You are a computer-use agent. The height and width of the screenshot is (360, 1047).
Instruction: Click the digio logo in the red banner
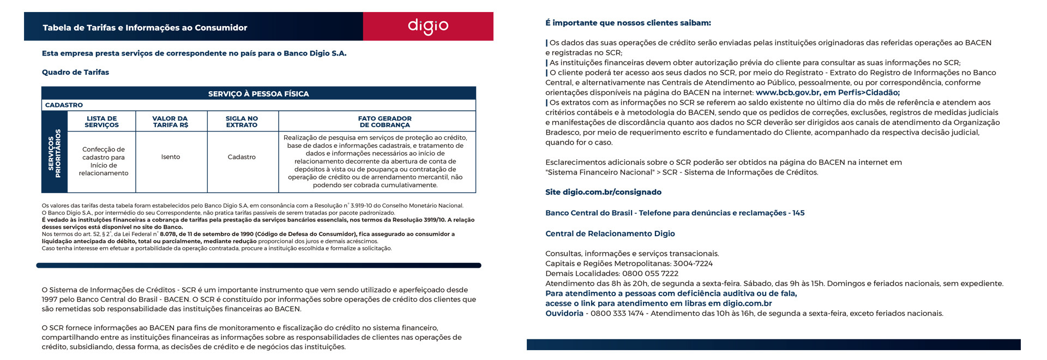tap(428, 26)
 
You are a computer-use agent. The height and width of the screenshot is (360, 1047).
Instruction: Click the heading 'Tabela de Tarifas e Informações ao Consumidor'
tap(145, 28)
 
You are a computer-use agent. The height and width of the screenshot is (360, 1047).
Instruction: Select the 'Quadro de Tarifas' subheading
tap(75, 72)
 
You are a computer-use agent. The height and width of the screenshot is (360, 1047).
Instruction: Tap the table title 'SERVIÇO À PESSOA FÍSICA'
tap(258, 94)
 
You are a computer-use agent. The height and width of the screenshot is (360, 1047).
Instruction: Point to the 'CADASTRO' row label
tap(64, 105)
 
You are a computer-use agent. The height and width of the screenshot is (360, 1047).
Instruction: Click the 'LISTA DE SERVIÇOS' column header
tap(101, 122)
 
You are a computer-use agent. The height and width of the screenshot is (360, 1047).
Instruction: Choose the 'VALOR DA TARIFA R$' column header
tap(170, 122)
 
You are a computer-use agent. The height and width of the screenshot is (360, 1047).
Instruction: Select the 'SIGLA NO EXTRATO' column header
tap(242, 122)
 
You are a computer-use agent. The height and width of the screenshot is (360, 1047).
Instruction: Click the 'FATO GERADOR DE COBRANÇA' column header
tap(384, 122)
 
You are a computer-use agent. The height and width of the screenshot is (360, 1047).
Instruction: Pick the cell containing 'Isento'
tap(171, 157)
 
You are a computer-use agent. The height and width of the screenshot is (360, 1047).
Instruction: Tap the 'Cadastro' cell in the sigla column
tap(242, 157)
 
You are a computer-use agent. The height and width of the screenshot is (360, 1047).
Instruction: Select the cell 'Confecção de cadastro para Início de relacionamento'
tap(104, 161)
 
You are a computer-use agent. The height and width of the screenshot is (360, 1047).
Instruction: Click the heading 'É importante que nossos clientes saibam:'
tap(628, 23)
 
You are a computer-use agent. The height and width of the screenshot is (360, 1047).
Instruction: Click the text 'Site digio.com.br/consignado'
tap(603, 192)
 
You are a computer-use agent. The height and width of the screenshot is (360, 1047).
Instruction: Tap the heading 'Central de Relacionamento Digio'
tap(610, 233)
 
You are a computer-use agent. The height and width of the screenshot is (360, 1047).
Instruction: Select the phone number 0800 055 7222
tap(650, 273)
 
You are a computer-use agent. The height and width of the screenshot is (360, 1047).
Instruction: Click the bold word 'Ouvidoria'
tap(564, 313)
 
